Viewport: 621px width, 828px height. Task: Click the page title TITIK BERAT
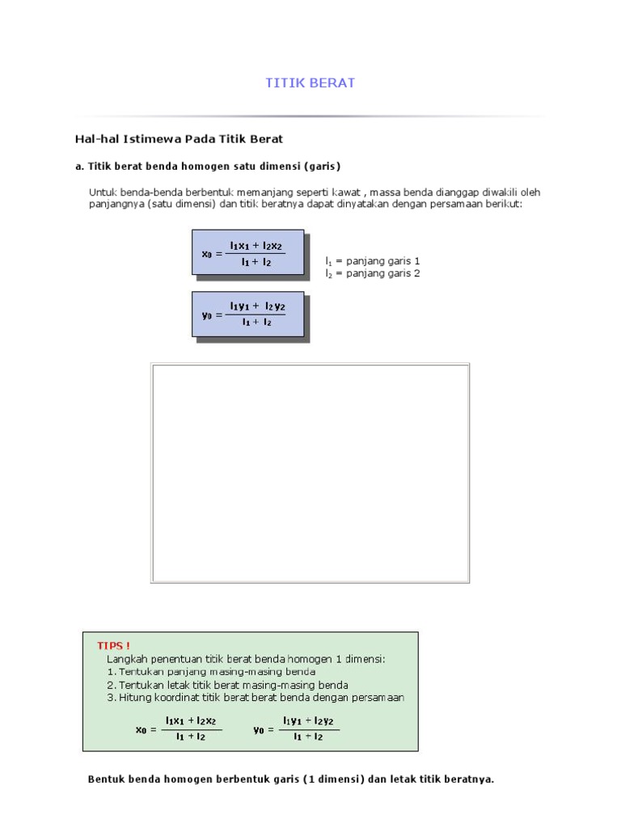click(x=310, y=83)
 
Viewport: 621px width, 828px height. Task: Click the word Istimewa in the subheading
click(x=150, y=139)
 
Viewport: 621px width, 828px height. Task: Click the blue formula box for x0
click(x=247, y=251)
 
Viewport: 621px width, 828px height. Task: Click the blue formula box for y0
click(x=247, y=314)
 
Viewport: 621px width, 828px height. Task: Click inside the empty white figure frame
click(x=310, y=472)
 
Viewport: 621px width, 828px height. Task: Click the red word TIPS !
click(x=113, y=645)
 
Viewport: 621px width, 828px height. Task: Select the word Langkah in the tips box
click(x=128, y=659)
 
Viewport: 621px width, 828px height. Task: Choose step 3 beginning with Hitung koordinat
click(x=256, y=698)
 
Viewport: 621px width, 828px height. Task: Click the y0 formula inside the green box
click(x=296, y=728)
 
